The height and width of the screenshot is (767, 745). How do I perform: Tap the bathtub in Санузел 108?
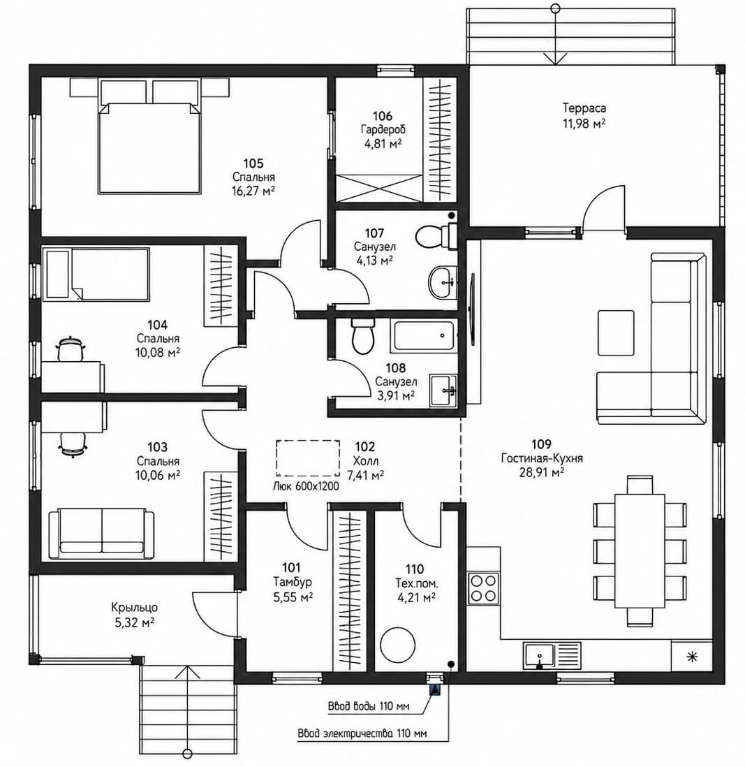424,335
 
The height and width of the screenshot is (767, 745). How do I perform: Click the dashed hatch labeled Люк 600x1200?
308,458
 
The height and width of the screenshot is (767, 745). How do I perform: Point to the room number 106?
383,116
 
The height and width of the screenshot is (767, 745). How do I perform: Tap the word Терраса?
584,108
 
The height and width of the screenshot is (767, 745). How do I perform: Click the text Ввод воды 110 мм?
369,706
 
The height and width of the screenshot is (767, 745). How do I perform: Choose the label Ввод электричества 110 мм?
362,733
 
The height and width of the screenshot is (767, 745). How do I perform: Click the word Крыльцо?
135,608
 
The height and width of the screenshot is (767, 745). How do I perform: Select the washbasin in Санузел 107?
443,282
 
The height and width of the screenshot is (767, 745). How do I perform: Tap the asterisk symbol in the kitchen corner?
692,657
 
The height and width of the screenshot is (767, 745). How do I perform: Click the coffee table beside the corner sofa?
616,333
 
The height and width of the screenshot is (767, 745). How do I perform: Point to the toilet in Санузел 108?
362,337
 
